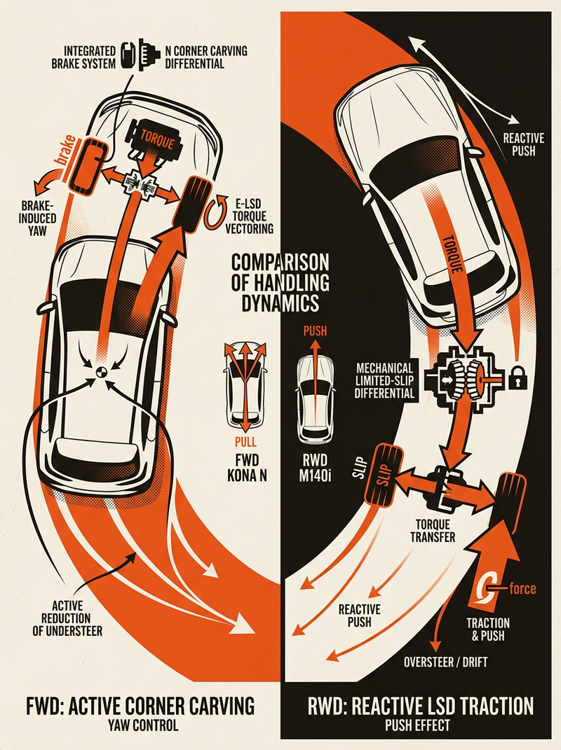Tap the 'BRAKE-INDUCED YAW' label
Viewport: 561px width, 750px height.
[38, 218]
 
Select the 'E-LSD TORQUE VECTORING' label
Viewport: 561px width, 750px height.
[250, 216]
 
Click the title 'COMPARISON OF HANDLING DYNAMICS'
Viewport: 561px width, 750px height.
[280, 283]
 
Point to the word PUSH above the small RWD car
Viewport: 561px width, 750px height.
[315, 331]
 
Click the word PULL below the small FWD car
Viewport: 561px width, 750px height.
[245, 442]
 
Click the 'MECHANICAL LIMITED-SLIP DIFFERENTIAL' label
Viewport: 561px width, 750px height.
[385, 381]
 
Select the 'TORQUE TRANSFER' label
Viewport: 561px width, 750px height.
[433, 531]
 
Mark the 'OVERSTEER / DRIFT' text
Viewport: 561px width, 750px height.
[445, 662]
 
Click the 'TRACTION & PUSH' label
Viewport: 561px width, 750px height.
[488, 630]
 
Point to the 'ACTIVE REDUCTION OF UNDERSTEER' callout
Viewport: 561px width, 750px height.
[67, 618]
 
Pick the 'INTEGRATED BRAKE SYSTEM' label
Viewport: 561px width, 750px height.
[83, 57]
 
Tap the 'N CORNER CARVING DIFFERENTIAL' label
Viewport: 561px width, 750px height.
[206, 57]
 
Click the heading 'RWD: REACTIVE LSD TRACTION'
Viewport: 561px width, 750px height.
[420, 706]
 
